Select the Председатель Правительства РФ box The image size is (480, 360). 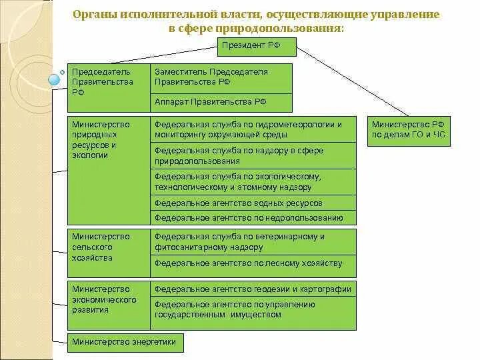pos(108,87)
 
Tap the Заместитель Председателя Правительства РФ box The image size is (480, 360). pos(221,77)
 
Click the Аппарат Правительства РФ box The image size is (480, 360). pos(221,102)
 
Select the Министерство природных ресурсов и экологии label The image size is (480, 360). pos(108,140)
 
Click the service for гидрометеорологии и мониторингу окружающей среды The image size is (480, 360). pos(253,129)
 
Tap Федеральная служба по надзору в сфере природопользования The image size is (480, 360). pos(253,156)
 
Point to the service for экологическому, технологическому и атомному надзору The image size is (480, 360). pos(253,182)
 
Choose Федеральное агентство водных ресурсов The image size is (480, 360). pos(253,203)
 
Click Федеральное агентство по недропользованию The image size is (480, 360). pos(253,217)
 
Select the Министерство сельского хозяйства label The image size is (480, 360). pos(108,247)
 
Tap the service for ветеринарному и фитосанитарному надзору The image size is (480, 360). pos(253,241)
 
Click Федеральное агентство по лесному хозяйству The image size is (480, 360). pos(253,263)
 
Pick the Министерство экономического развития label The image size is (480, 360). pos(108,300)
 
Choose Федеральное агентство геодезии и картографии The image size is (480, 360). pos(253,289)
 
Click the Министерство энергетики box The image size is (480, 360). pos(125,343)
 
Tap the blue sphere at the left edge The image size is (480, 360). pos(55,81)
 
